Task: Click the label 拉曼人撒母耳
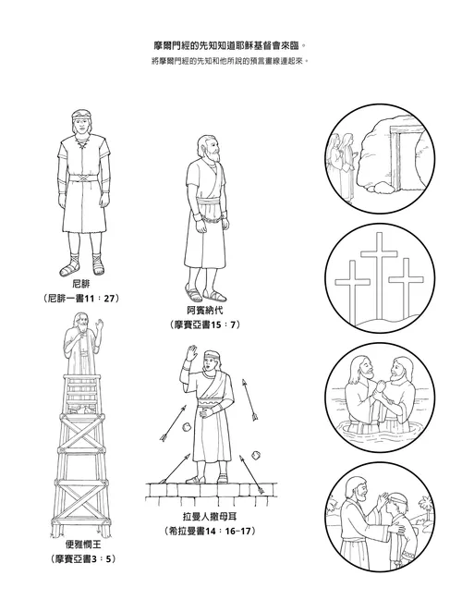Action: coord(208,517)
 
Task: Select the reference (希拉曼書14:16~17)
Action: coord(208,532)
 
